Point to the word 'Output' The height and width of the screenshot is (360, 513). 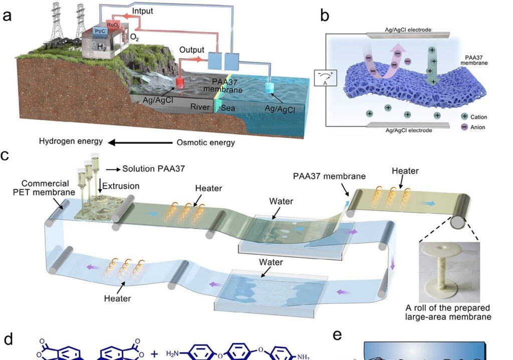click(192, 50)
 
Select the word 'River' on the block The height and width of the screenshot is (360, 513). click(200, 106)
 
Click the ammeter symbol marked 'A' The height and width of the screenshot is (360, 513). click(319, 79)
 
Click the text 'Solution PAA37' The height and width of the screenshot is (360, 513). click(153, 169)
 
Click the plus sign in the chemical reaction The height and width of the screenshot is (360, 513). click(154, 354)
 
